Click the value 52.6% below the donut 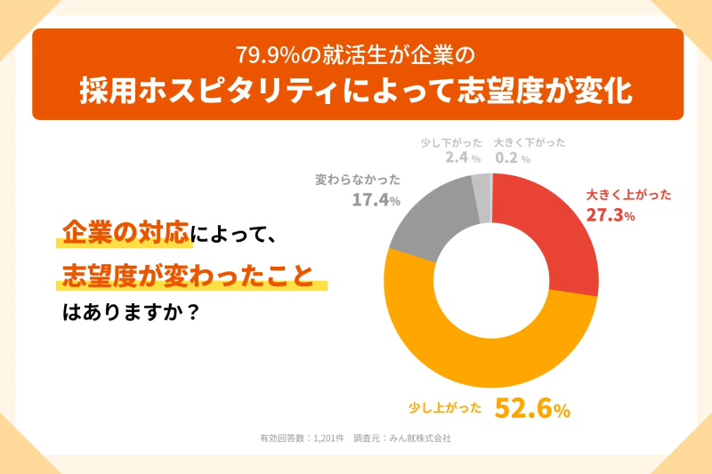(x=532, y=408)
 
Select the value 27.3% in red (x=610, y=214)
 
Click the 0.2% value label (x=512, y=157)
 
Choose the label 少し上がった (x=445, y=408)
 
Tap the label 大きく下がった (x=530, y=141)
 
